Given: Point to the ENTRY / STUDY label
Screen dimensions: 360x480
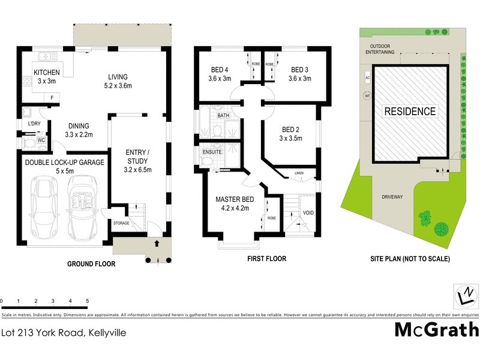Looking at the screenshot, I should (x=136, y=157).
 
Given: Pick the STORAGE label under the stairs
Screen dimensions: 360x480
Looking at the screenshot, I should (x=121, y=223).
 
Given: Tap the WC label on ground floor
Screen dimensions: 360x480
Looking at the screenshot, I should (x=41, y=140).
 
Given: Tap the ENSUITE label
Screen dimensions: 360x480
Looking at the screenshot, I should (x=212, y=152).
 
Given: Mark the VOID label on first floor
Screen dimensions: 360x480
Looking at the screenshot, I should (x=309, y=213).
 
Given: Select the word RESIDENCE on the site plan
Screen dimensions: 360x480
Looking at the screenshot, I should (x=410, y=111).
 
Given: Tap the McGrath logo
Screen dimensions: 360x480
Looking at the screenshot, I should (x=436, y=329).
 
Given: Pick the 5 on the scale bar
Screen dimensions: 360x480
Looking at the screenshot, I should (x=88, y=300).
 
